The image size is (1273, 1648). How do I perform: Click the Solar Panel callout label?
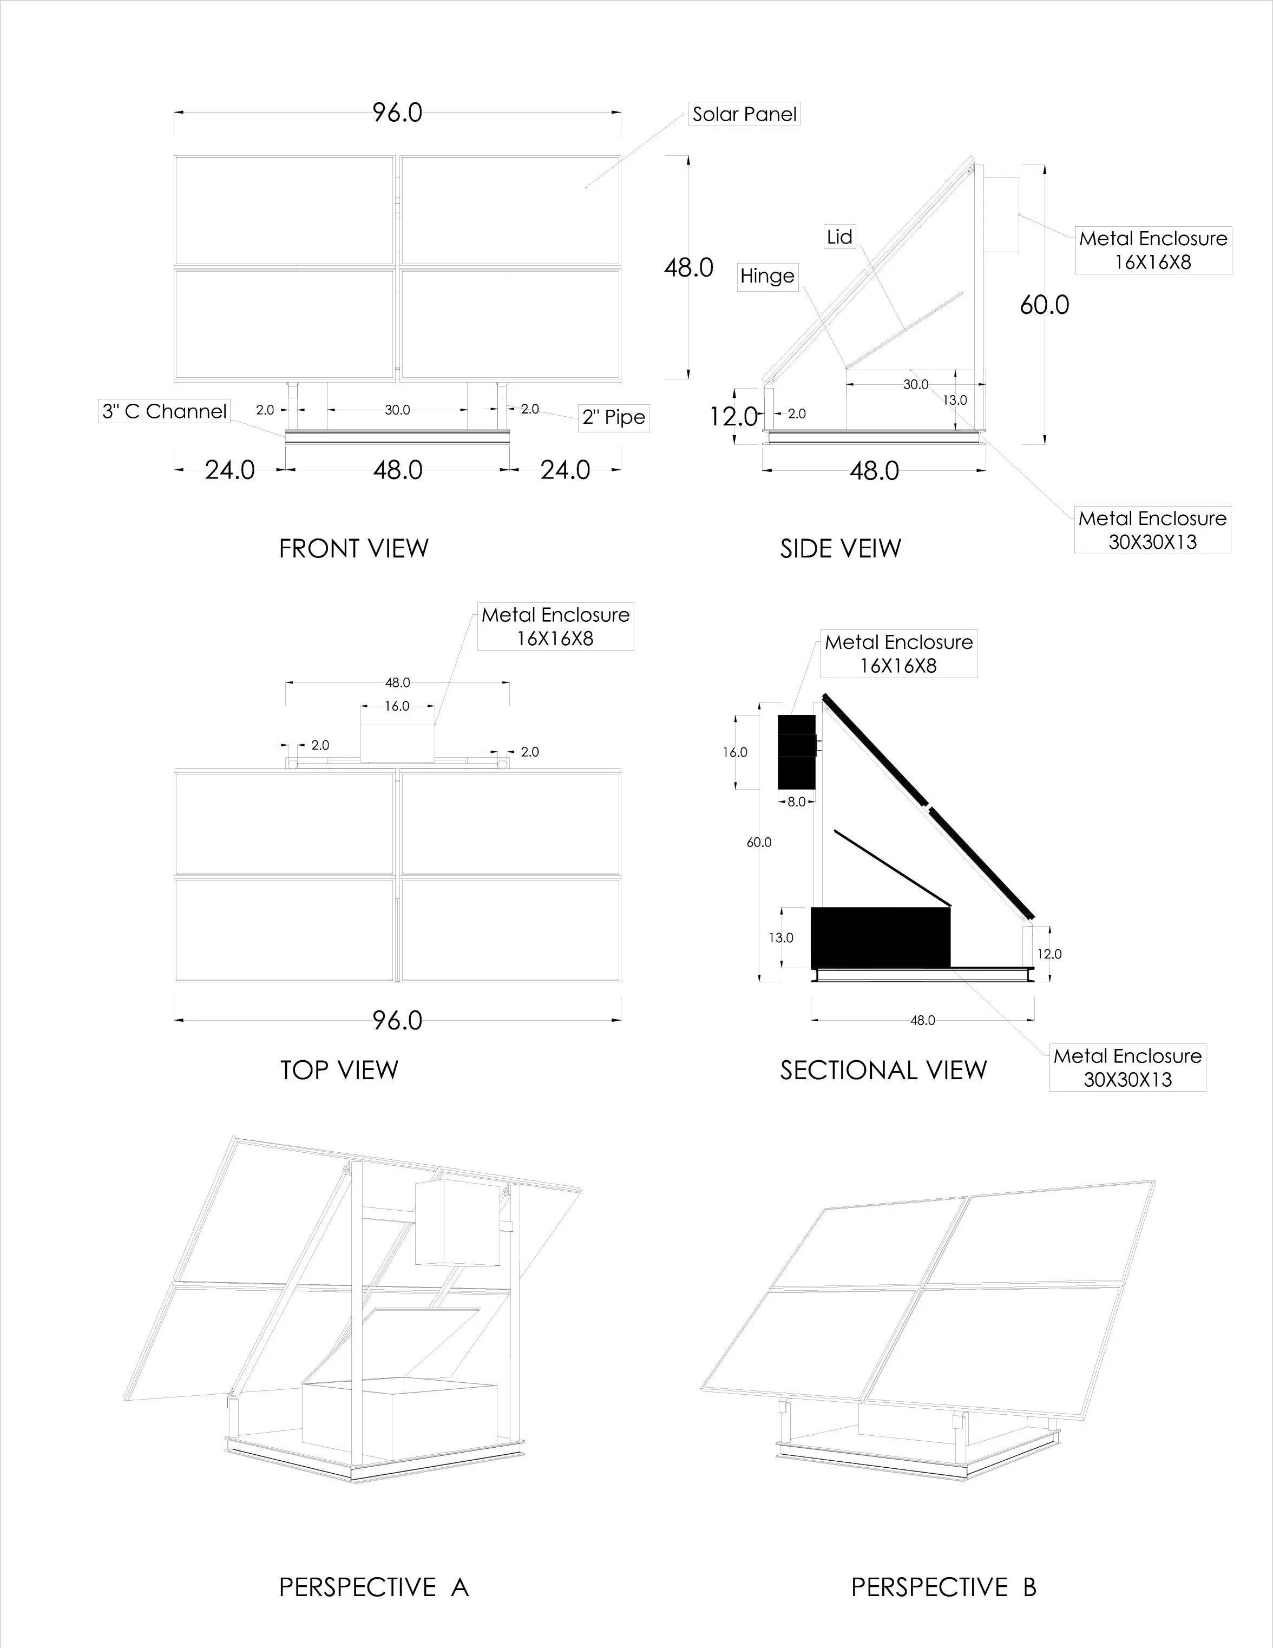point(744,114)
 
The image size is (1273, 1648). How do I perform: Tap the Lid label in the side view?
point(839,237)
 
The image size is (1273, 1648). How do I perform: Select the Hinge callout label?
point(766,276)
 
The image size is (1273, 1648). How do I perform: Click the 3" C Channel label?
point(165,411)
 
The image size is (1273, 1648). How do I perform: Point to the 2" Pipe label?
point(613,417)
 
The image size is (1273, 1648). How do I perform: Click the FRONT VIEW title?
point(353,549)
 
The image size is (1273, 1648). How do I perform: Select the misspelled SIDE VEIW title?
point(840,549)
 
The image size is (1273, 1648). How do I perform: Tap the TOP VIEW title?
point(339,1070)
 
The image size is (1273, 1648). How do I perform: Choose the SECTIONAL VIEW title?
point(883,1070)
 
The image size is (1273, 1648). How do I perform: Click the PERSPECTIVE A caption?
point(373,1587)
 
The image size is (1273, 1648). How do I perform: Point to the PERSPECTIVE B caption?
point(943,1587)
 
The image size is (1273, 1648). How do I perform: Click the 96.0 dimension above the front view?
point(397,113)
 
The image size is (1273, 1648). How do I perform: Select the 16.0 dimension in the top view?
point(397,706)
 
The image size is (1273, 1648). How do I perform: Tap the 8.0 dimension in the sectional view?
point(796,802)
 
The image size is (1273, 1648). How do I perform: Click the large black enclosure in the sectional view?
point(880,938)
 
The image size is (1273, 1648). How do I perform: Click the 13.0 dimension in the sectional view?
point(781,938)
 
